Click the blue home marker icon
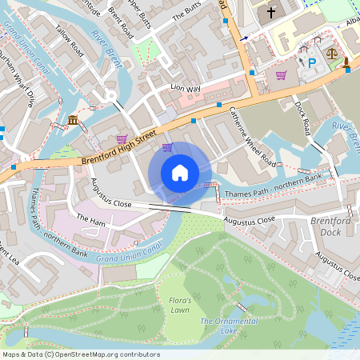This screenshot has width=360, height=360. [x=180, y=172]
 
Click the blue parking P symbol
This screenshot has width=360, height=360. [x=313, y=62]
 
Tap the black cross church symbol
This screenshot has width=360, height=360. [x=271, y=12]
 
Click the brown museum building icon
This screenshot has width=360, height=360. [x=73, y=121]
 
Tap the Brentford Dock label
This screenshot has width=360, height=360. [x=325, y=226]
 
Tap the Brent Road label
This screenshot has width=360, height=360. [x=120, y=25]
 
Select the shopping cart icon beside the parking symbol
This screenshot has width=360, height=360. [x=281, y=75]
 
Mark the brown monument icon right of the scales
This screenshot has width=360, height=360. [x=346, y=62]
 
